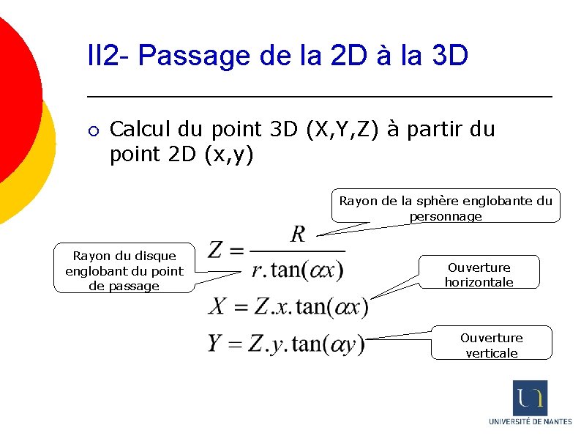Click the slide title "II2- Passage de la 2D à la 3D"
277,55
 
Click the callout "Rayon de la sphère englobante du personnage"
446,207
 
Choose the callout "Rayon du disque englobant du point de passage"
124,270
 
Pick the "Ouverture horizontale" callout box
479,274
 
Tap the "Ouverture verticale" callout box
491,345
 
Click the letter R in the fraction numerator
298,234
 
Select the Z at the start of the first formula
216,251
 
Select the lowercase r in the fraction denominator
256,271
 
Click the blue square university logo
530,398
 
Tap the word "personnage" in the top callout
446,215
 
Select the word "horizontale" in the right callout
479,281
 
